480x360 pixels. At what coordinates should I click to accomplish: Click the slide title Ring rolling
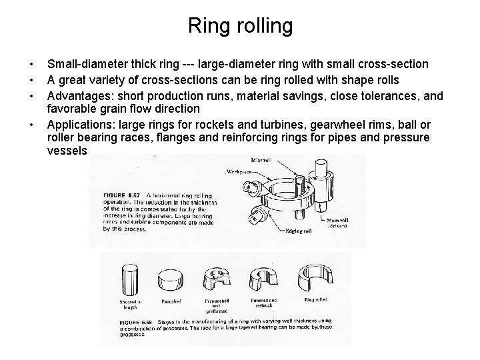pos(240,26)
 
